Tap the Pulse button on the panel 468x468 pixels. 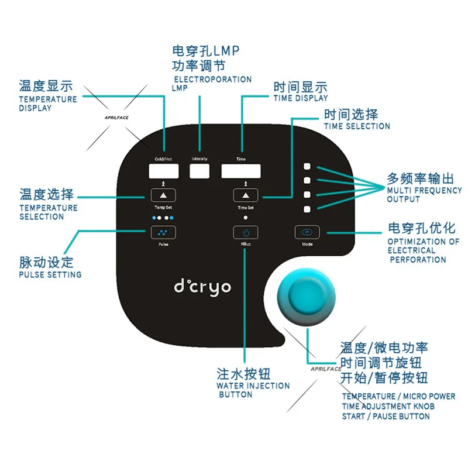click(163, 232)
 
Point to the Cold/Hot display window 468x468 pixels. click(163, 171)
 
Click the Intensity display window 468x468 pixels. click(199, 171)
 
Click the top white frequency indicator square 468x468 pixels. click(307, 166)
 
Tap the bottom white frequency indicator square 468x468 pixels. click(307, 209)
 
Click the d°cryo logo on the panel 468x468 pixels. click(202, 287)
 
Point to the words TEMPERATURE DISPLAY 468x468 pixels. click(48, 104)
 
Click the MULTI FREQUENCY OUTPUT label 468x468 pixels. click(424, 195)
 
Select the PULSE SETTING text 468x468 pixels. click(50, 274)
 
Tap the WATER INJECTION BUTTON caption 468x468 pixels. click(253, 390)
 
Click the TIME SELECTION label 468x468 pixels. click(356, 126)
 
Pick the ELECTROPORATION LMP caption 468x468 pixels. click(211, 83)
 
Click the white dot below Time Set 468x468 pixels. click(246, 218)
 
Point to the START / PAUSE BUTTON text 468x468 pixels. click(386, 416)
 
